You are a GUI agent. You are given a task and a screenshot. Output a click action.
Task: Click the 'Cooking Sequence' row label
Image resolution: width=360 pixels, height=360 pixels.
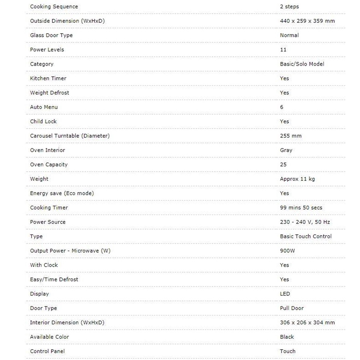coord(54,7)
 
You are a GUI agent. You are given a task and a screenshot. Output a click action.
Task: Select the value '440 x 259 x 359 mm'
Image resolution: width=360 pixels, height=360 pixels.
coord(307,21)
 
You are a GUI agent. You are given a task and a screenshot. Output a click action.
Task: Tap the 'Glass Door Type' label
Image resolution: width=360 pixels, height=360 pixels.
coord(51,35)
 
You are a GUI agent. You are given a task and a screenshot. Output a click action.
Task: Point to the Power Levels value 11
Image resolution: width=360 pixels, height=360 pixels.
coord(283,50)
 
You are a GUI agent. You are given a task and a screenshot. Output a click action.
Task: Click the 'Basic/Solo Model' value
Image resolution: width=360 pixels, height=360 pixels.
coord(302,64)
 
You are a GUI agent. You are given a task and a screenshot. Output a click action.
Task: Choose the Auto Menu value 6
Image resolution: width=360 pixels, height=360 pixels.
coord(282,107)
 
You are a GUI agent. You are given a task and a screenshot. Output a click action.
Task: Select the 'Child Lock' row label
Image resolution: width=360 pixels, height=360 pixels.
coord(43,122)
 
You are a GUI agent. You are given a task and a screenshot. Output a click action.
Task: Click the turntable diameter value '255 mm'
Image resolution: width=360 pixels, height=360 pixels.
coord(291,136)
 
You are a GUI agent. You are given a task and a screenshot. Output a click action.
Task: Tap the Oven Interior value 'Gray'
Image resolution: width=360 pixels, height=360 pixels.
coord(286,150)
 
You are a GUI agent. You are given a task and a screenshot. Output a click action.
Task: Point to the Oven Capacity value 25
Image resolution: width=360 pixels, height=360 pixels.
coord(283,164)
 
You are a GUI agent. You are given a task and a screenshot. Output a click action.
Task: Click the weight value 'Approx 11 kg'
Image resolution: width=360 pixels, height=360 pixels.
coord(297,179)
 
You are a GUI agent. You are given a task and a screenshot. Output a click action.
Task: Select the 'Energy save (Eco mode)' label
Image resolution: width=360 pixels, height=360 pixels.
coord(62,193)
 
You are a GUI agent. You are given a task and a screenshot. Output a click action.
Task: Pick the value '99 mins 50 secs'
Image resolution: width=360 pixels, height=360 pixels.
coord(301,208)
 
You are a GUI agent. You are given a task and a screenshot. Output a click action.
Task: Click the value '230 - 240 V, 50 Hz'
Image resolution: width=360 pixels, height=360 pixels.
coord(305,222)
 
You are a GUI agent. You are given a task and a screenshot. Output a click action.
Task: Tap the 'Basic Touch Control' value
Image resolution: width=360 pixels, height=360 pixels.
coord(306,236)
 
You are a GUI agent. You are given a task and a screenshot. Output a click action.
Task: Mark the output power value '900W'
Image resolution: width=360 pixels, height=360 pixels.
coord(288,251)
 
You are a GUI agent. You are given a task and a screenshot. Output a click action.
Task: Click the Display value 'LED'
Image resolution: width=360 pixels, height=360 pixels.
coord(285,294)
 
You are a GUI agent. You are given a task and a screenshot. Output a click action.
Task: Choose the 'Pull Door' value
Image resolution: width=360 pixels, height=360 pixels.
coord(292,308)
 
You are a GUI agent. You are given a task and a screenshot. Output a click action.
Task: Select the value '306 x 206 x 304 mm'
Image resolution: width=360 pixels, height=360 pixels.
coord(307,322)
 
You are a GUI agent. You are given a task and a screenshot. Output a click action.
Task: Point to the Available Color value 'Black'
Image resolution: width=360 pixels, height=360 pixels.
coord(287,337)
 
